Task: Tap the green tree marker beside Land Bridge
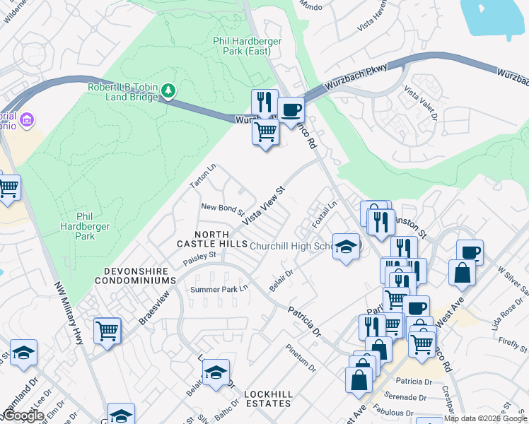(x=168, y=90)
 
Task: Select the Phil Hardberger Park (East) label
(x=248, y=46)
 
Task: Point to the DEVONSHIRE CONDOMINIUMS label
(x=139, y=276)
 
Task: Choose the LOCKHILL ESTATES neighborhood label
(x=267, y=399)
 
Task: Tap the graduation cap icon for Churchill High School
(x=346, y=246)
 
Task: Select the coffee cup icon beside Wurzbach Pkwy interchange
(x=291, y=110)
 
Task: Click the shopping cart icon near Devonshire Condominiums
(x=107, y=329)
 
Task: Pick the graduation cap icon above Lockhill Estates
(x=216, y=372)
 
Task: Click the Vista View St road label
(x=264, y=206)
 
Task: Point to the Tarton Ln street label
(x=202, y=177)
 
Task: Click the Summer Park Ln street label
(x=220, y=289)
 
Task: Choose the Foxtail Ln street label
(x=326, y=215)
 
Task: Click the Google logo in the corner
(x=23, y=416)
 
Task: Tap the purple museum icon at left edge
(x=27, y=119)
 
